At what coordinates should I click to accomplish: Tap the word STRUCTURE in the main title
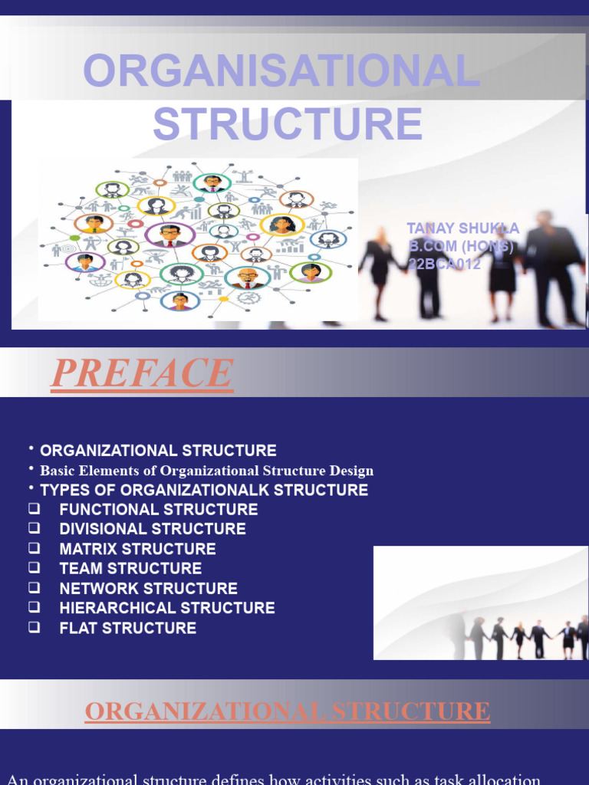pyautogui.click(x=288, y=124)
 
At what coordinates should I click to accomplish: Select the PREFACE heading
pyautogui.click(x=142, y=374)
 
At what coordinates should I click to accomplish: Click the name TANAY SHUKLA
pyautogui.click(x=462, y=228)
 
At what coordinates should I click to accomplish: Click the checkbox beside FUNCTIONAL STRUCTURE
pyautogui.click(x=34, y=509)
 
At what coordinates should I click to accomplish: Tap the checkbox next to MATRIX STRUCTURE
pyautogui.click(x=34, y=549)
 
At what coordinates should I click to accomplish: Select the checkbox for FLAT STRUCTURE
pyautogui.click(x=34, y=628)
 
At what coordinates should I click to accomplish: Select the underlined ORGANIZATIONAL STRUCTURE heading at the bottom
pyautogui.click(x=288, y=711)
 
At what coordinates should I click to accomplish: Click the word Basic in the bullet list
pyautogui.click(x=57, y=471)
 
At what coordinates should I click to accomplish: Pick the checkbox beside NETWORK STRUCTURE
pyautogui.click(x=34, y=589)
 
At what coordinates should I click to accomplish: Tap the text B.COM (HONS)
pyautogui.click(x=460, y=246)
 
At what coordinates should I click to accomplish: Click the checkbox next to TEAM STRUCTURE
pyautogui.click(x=34, y=569)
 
